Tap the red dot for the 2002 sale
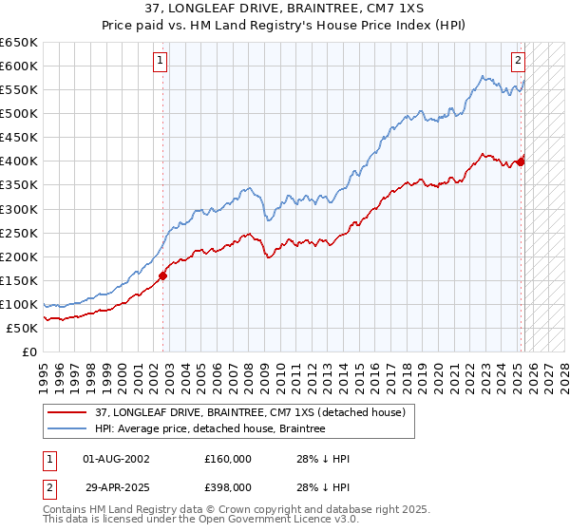pyautogui.click(x=162, y=275)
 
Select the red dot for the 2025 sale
pyautogui.click(x=521, y=161)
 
